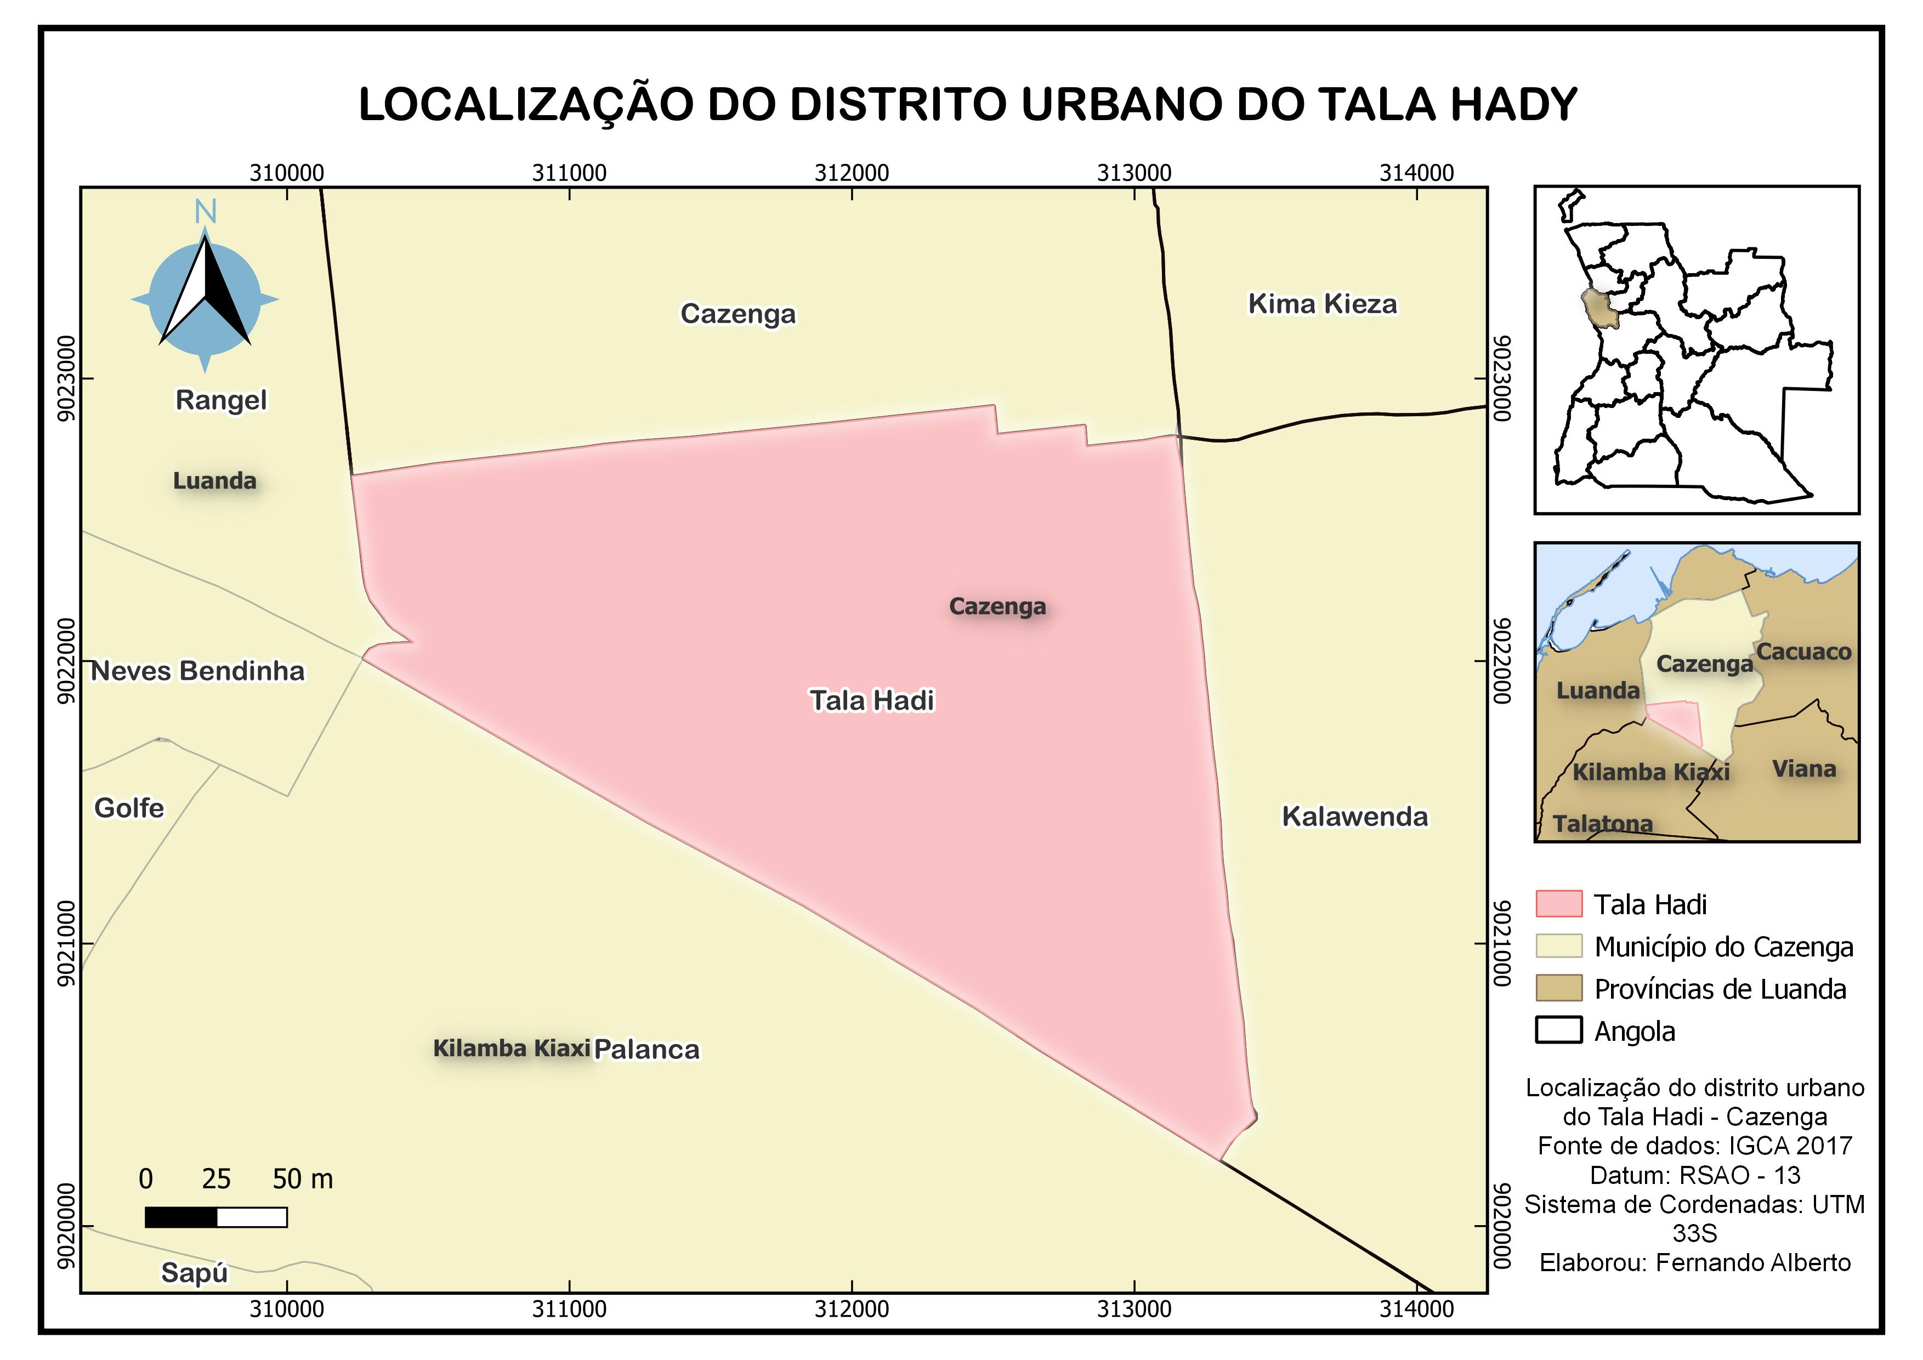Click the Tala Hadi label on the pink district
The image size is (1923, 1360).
point(871,700)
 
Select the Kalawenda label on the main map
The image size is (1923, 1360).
point(1354,817)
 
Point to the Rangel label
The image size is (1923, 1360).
point(221,400)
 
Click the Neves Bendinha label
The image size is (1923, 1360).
point(197,671)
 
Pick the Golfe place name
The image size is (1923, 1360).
point(129,808)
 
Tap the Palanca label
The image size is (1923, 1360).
point(646,1049)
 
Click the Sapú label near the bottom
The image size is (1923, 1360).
point(194,1273)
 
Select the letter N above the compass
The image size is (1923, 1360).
point(205,213)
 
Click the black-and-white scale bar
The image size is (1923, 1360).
point(216,1217)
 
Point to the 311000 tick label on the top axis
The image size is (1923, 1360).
point(570,173)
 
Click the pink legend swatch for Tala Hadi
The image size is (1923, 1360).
point(1559,904)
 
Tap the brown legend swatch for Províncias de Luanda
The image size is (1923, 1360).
point(1559,988)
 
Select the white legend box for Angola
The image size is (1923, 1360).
point(1559,1030)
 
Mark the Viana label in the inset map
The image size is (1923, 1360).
point(1804,769)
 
